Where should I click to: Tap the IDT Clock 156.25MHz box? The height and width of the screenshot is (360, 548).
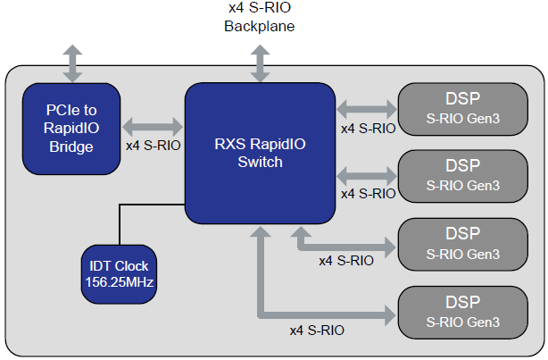click(118, 272)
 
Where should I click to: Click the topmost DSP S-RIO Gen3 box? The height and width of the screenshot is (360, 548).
click(461, 107)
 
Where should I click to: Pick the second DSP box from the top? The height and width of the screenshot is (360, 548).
click(461, 174)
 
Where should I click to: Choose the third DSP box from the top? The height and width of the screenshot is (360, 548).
click(461, 243)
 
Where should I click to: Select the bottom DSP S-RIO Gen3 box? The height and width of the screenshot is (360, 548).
click(461, 312)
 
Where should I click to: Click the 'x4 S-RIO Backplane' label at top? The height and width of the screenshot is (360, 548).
click(259, 17)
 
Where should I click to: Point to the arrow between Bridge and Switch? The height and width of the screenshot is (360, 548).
click(153, 124)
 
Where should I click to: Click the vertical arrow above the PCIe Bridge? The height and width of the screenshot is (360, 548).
click(71, 61)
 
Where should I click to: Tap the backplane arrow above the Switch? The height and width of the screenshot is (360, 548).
click(260, 62)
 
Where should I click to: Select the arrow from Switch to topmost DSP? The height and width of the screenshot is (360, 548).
click(366, 107)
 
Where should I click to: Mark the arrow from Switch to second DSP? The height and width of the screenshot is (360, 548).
click(366, 174)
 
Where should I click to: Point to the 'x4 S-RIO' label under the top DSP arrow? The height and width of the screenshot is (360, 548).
click(368, 128)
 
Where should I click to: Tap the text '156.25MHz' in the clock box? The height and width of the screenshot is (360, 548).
click(118, 281)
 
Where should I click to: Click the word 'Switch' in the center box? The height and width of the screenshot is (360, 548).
click(260, 162)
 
